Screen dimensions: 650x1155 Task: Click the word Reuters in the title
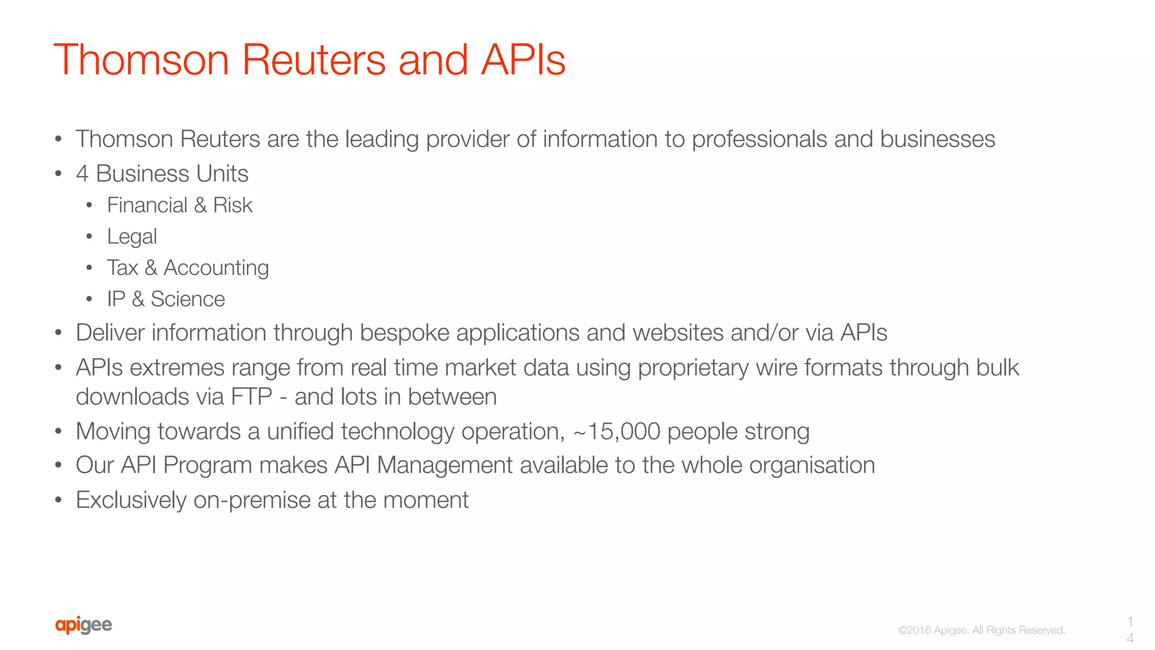coord(314,60)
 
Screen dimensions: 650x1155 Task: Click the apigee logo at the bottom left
coord(83,625)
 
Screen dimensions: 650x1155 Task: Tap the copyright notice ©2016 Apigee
coord(981,630)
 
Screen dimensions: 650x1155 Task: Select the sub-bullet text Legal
coord(132,237)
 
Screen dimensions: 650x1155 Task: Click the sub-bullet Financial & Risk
coord(179,205)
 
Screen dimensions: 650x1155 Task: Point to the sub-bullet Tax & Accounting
coord(188,268)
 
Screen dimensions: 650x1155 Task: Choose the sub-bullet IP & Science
coord(166,299)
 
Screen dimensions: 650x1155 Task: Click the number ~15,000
coord(616,432)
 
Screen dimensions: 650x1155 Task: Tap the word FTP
coord(252,397)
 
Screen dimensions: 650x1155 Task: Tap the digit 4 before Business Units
coord(82,174)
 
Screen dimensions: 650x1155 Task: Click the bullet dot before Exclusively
coord(58,500)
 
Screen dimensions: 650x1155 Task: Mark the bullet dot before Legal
coord(89,237)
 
